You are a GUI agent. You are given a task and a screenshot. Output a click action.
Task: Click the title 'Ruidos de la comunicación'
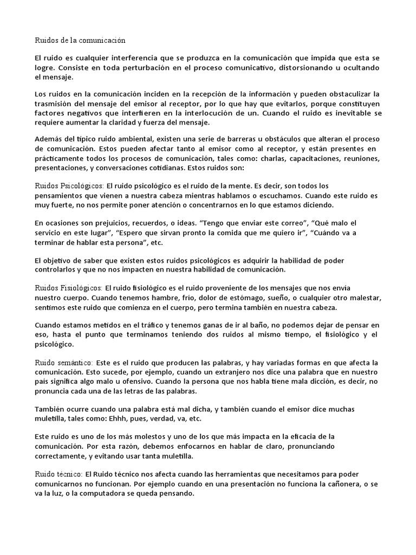tap(80, 40)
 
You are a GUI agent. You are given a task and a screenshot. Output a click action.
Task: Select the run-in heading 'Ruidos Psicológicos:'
tap(69, 185)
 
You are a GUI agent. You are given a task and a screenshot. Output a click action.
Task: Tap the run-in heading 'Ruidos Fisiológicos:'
tap(68, 287)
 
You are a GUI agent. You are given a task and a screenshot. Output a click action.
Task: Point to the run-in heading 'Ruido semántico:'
tap(64, 362)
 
